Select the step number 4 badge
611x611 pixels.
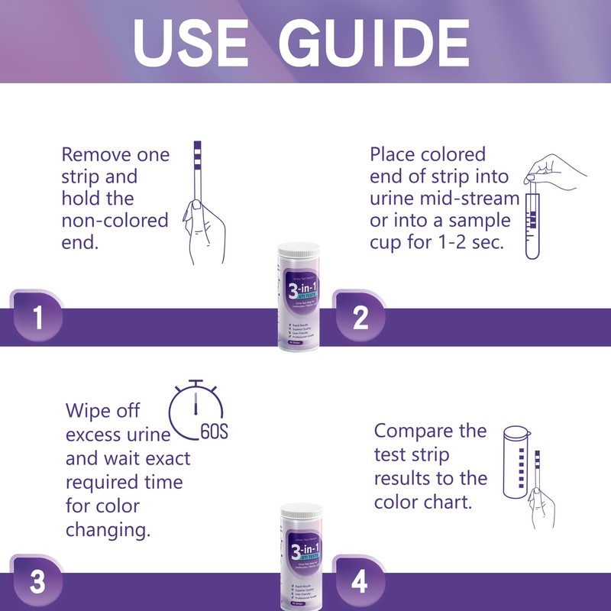pyautogui.click(x=360, y=582)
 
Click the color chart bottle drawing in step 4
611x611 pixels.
pyautogui.click(x=517, y=466)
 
